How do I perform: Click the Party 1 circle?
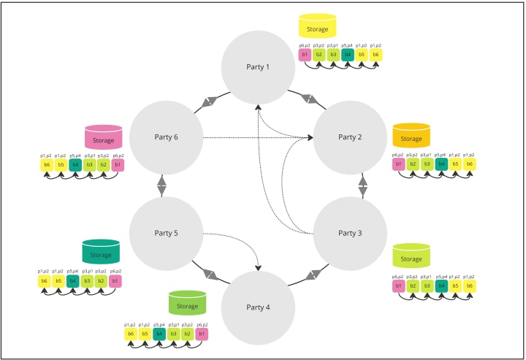pyautogui.click(x=257, y=67)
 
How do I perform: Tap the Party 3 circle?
pyautogui.click(x=349, y=233)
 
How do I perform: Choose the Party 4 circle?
pyautogui.click(x=257, y=307)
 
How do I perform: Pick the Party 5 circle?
pyautogui.click(x=166, y=233)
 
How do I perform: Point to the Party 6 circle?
pyautogui.click(x=166, y=137)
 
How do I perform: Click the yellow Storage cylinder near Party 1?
pyautogui.click(x=317, y=27)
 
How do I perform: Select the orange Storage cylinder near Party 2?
pyautogui.click(x=411, y=137)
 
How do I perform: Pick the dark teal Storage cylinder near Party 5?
pyautogui.click(x=101, y=253)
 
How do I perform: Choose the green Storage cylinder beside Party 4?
pyautogui.click(x=187, y=304)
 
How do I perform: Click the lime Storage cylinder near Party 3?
pyautogui.click(x=411, y=256)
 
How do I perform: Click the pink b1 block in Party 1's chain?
pyautogui.click(x=305, y=54)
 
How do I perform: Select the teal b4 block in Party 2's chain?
pyautogui.click(x=441, y=164)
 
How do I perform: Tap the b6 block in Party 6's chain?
pyautogui.click(x=46, y=165)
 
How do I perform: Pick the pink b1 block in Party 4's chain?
pyautogui.click(x=202, y=334)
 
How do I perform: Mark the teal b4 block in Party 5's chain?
pyautogui.click(x=73, y=280)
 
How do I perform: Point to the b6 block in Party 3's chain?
pyautogui.click(x=469, y=286)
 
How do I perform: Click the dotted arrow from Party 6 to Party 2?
pyautogui.click(x=256, y=137)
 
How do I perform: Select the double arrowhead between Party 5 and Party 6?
pyautogui.click(x=161, y=185)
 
